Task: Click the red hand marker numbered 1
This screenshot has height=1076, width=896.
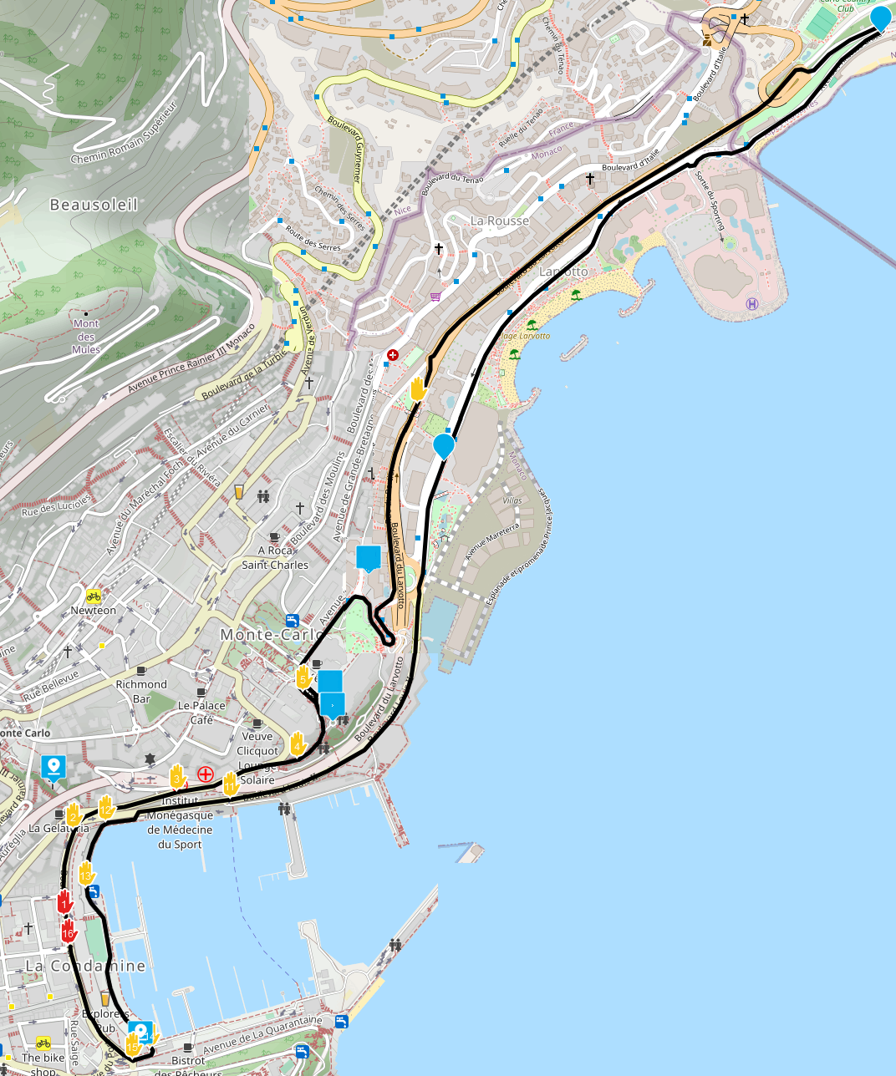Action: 64,902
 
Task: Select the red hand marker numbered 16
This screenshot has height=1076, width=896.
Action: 69,931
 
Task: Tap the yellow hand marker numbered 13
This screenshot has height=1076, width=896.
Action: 86,874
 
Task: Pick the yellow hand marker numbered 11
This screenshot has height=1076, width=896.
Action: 231,784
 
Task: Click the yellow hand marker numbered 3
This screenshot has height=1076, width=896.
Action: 176,777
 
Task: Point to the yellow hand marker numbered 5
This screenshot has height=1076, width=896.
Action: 303,677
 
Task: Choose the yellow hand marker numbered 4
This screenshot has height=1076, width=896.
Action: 298,742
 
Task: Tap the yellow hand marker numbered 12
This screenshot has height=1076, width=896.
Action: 106,807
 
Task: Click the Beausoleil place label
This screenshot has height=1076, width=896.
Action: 94,205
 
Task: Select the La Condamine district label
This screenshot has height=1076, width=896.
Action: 85,966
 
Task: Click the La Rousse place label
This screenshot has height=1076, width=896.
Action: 500,221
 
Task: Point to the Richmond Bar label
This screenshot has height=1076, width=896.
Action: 141,691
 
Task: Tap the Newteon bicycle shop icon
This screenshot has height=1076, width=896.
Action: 94,596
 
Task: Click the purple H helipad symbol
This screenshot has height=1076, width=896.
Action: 751,303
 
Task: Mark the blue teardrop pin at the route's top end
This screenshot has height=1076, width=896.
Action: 880,17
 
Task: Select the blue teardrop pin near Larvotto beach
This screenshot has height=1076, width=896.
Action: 444,445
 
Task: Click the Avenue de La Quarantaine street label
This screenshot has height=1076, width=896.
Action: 262,1033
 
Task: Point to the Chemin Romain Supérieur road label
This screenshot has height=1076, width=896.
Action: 125,134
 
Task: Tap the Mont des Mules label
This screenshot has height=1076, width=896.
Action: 86,336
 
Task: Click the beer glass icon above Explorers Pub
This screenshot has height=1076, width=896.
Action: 105,997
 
